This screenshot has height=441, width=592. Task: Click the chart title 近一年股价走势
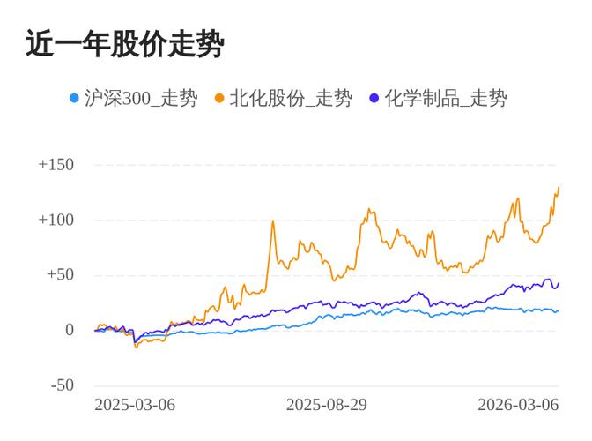pyautogui.click(x=124, y=44)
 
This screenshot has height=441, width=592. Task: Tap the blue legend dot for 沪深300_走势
pyautogui.click(x=74, y=98)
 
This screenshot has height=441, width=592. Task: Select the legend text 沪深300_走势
pyautogui.click(x=140, y=98)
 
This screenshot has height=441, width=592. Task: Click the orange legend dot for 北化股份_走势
pyautogui.click(x=219, y=98)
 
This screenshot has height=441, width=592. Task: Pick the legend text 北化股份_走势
pyautogui.click(x=291, y=98)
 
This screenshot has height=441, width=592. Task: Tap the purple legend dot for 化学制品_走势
pyautogui.click(x=374, y=98)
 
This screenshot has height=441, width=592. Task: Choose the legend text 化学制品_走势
pyautogui.click(x=446, y=98)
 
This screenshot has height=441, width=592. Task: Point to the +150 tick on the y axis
pyautogui.click(x=55, y=165)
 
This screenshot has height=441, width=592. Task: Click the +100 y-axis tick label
pyautogui.click(x=55, y=220)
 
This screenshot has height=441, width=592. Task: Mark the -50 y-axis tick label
pyautogui.click(x=62, y=385)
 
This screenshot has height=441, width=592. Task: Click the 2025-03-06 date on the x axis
pyautogui.click(x=135, y=405)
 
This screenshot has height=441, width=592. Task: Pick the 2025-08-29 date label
pyautogui.click(x=327, y=405)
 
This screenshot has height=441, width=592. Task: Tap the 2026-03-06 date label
pyautogui.click(x=518, y=405)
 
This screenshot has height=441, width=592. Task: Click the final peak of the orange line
pyautogui.click(x=559, y=187)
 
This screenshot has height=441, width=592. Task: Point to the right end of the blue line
pyautogui.click(x=558, y=310)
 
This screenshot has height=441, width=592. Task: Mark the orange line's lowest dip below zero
pyautogui.click(x=136, y=348)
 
